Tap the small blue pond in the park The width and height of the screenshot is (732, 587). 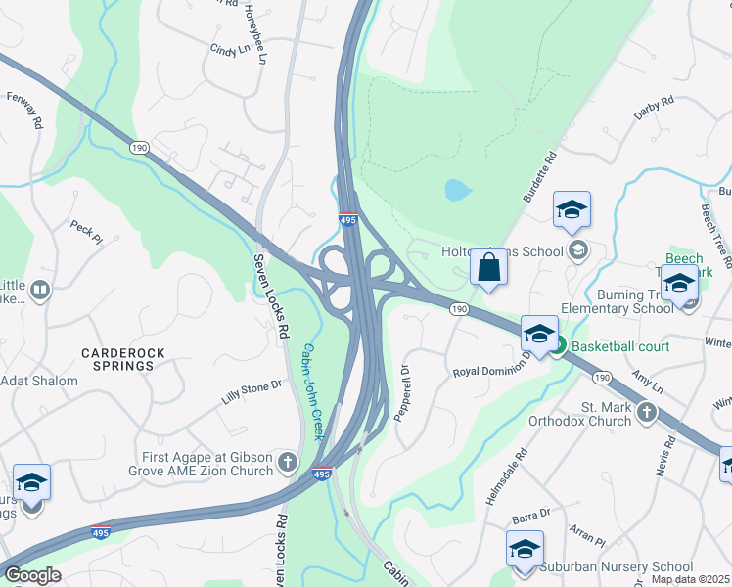(457, 189)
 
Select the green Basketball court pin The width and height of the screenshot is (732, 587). (557, 345)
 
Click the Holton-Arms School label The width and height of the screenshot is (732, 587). (503, 251)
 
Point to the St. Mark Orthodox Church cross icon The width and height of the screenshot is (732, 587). (646, 412)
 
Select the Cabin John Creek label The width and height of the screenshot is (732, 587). (312, 391)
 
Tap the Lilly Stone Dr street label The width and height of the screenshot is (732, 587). (252, 388)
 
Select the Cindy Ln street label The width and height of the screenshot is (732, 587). (231, 47)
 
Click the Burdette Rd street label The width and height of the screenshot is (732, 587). (538, 176)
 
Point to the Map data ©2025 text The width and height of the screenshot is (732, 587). (690, 579)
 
